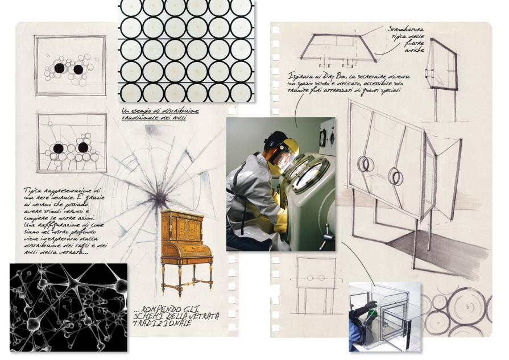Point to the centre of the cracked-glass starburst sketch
(x=161, y=198)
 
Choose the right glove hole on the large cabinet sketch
(x=395, y=177)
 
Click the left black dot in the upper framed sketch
(x=59, y=68)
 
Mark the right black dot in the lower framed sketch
(x=83, y=148)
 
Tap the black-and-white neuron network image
(x=68, y=307)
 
